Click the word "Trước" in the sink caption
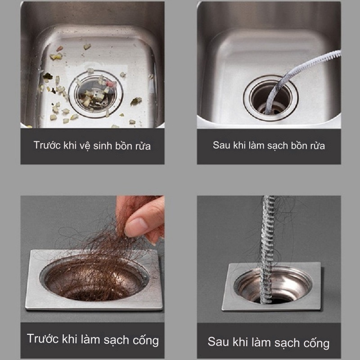coord(47,145)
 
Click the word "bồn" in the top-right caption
coord(299,145)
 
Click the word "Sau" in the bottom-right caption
coord(218,342)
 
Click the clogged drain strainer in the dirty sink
coord(96,94)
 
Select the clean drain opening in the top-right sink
coord(270,98)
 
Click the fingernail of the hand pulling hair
coord(135,226)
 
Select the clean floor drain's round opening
coord(273,286)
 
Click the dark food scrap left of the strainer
coord(47,76)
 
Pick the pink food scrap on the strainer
coord(112,84)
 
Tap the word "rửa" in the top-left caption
coord(143,146)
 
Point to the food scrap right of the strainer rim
coord(136,101)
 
